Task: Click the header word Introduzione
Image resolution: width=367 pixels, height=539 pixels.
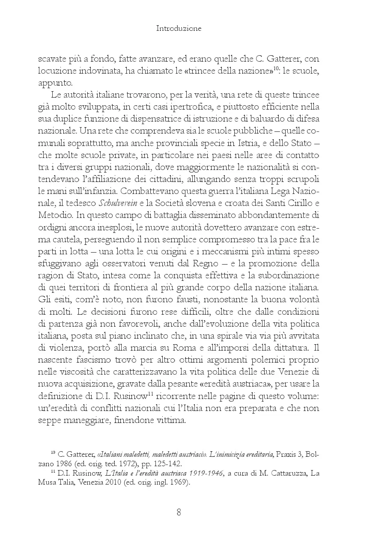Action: (x=179, y=29)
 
